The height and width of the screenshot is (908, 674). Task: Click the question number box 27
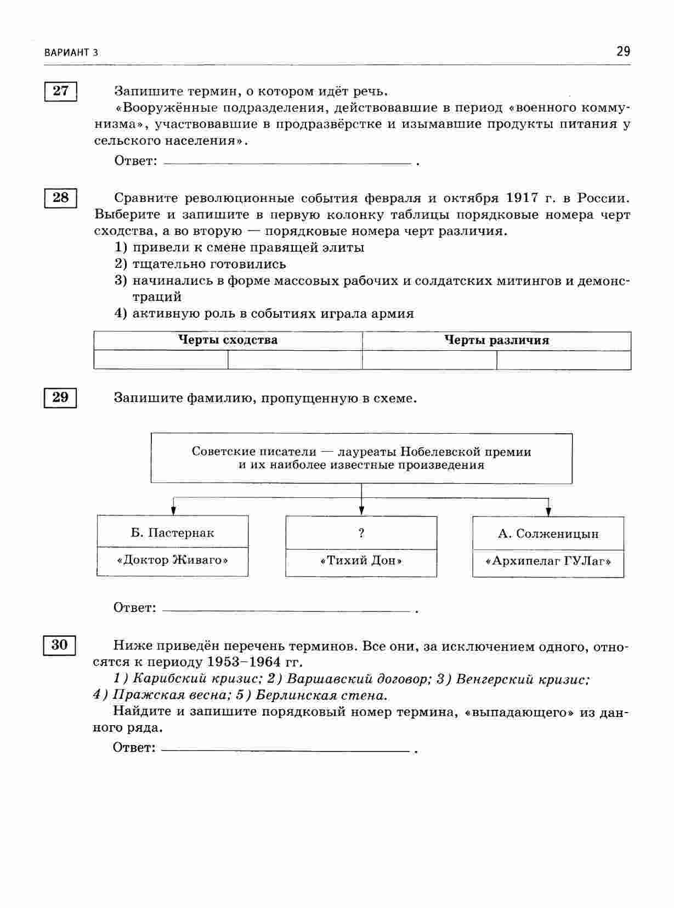[x=61, y=91]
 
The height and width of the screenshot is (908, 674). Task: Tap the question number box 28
[x=61, y=198]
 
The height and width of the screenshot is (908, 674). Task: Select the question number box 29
[x=61, y=397]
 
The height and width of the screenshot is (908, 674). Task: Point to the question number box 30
[x=60, y=645]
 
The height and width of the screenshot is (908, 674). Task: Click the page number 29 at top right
[x=623, y=52]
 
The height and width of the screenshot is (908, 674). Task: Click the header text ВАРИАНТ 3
[x=71, y=53]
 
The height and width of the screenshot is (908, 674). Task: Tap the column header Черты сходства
[x=228, y=340]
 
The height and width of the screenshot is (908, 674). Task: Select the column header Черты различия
[x=496, y=341]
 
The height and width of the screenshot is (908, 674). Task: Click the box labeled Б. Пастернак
[x=172, y=533]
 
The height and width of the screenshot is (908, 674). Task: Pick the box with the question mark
[x=361, y=533]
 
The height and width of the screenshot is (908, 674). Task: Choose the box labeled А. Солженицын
[x=548, y=534]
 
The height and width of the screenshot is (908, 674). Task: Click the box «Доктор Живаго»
[x=172, y=561]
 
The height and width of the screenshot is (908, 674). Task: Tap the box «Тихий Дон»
[x=361, y=562]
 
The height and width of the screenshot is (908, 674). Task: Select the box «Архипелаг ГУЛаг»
[x=548, y=562]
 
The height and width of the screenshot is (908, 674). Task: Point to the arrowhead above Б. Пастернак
[x=174, y=510]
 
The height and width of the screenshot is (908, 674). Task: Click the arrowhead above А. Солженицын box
[x=548, y=511]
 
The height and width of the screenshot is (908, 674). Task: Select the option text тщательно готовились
[x=209, y=264]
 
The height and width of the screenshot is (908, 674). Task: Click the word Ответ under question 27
[x=135, y=161]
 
